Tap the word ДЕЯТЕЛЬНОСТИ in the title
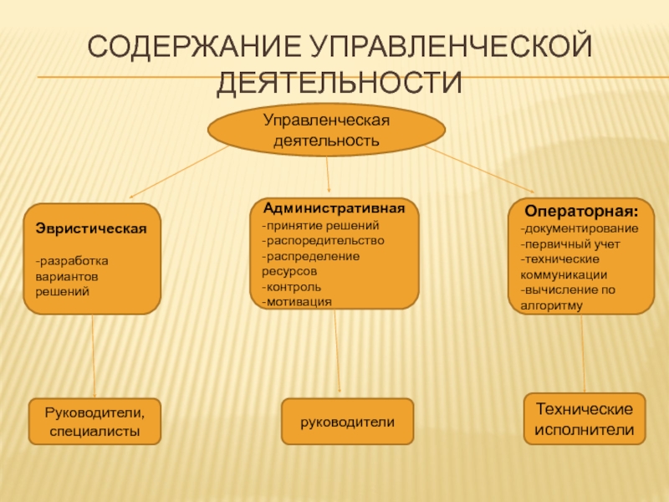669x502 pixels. point(340,83)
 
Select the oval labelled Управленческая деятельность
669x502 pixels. point(326,131)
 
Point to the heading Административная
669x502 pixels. point(334,207)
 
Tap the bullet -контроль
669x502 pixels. point(287,286)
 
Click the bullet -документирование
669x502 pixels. point(580,228)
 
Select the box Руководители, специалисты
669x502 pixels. point(94,422)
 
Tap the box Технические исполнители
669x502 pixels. point(585,418)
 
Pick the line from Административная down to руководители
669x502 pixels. point(337,351)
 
